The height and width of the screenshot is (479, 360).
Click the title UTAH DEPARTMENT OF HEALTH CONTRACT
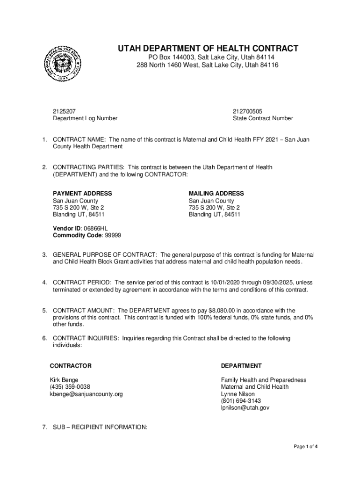pos(208,49)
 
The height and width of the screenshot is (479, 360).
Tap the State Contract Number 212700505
pos(247,111)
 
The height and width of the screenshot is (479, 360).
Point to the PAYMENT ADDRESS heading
pos(82,193)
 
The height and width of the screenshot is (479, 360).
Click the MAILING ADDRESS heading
pos(216,193)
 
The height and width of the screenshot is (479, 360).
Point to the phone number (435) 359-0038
pos(70,387)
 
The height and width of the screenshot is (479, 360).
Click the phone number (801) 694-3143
pos(241,401)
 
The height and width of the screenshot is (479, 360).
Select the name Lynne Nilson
pos(238,394)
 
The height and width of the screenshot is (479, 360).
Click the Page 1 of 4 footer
pos(306,447)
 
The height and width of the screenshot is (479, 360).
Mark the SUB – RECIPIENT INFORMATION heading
pos(100,427)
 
